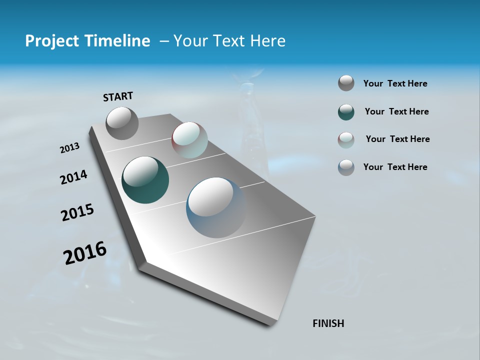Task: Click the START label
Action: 118,96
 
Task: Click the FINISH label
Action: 328,323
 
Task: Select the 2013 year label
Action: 69,148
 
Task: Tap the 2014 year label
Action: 73,177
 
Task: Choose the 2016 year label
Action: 85,253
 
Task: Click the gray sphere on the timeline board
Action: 122,123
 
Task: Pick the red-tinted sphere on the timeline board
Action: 189,139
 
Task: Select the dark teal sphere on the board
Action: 145,180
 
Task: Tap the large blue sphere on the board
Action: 216,207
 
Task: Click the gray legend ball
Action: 346,83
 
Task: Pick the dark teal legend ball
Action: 346,112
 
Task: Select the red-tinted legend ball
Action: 346,140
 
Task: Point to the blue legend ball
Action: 346,167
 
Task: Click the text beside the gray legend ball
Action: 395,83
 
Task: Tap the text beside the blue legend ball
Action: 395,167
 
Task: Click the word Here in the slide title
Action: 267,40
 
